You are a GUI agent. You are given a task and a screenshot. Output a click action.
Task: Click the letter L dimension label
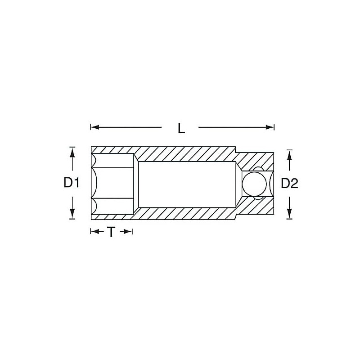181,128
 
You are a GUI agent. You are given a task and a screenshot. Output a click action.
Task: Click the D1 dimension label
72,183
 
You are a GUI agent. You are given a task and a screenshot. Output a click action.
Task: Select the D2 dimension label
289,184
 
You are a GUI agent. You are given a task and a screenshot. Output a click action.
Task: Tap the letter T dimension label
111,232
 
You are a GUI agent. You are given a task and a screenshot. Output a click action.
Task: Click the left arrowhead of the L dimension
95,127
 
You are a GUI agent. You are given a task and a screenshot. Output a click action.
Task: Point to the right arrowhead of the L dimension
270,127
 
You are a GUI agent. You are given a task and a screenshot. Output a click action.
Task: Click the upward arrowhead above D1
72,151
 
